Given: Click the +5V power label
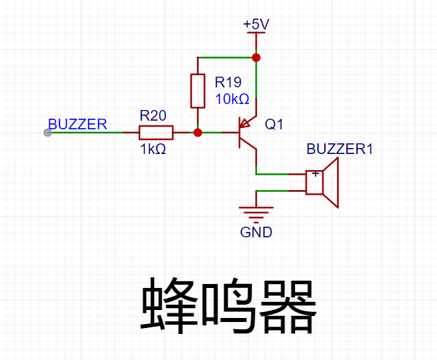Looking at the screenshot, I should [256, 25].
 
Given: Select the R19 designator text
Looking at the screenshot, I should [228, 82].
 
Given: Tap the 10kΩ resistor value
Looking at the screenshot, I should [232, 99].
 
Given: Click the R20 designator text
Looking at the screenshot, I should [153, 115].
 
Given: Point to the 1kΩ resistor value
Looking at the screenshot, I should [153, 149].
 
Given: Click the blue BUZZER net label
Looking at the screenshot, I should [77, 124].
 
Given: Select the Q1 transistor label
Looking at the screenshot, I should [274, 125].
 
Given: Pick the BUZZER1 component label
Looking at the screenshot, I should [340, 149].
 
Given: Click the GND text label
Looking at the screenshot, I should [256, 232].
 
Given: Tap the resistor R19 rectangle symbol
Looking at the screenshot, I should [197, 91].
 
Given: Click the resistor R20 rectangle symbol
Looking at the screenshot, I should [157, 133].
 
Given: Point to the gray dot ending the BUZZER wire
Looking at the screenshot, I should [47, 133].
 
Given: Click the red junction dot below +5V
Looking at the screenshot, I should [256, 58].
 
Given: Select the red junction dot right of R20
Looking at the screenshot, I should [197, 133].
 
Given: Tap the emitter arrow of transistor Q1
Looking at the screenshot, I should [246, 123].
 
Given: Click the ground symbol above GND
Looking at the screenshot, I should [256, 213].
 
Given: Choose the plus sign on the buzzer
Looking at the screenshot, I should [315, 175].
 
